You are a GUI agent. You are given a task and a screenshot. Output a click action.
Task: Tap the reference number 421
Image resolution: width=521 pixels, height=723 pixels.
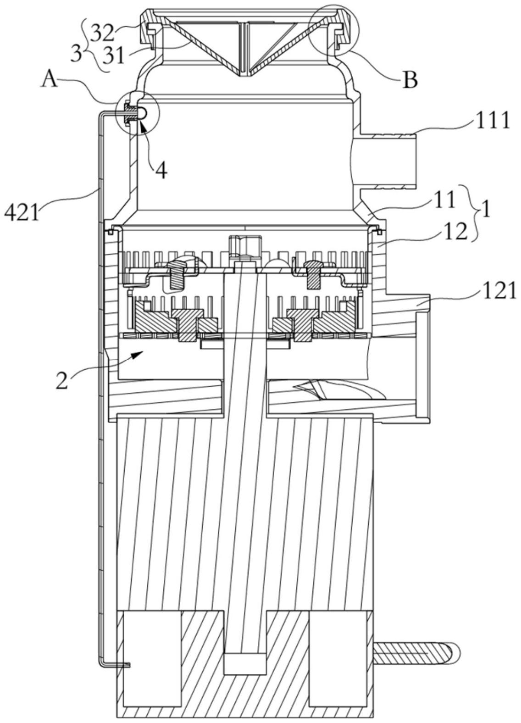(x=22, y=212)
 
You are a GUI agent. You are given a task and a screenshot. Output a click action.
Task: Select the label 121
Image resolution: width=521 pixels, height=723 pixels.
(x=499, y=290)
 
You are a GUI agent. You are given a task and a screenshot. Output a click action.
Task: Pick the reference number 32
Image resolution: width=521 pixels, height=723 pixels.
(x=102, y=33)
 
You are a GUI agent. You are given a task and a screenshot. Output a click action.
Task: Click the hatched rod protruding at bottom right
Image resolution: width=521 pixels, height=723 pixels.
(x=415, y=652)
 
